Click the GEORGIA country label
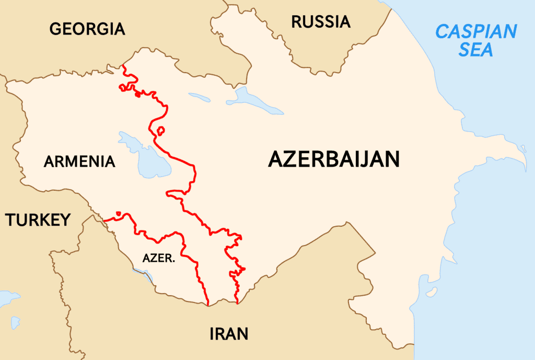pyautogui.click(x=87, y=29)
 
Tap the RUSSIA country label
pyautogui.click(x=321, y=21)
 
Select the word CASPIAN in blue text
pyautogui.click(x=476, y=32)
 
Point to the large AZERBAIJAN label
pyautogui.click(x=334, y=158)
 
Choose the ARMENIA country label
pyautogui.click(x=79, y=161)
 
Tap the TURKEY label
pyautogui.click(x=38, y=220)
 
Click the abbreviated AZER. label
pyautogui.click(x=158, y=258)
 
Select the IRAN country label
pyautogui.click(x=228, y=333)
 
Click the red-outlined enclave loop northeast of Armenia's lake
pyautogui.click(x=161, y=130)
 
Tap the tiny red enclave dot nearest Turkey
pyautogui.click(x=119, y=213)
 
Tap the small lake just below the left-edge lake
pyautogui.click(x=15, y=323)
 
